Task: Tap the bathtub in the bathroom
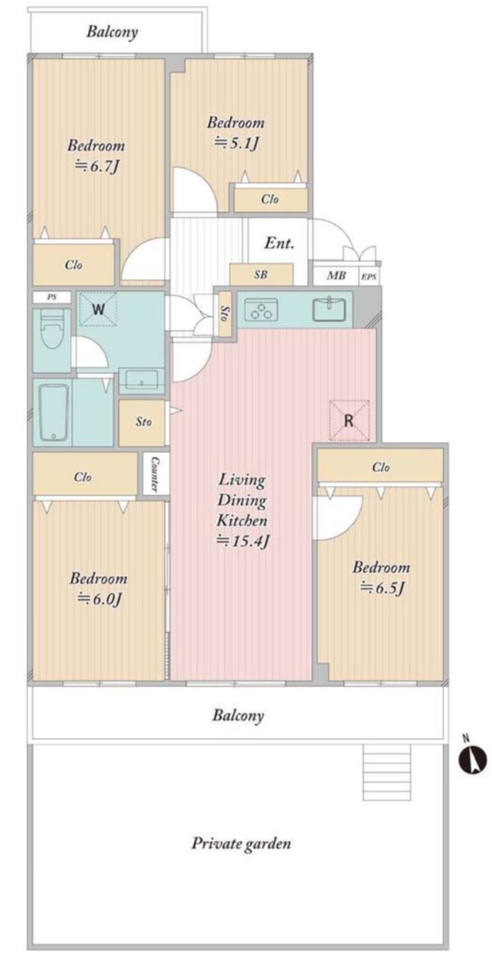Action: point(53,412)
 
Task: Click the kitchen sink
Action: point(329,309)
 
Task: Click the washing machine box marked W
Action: point(98,309)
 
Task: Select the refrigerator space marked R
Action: point(349,421)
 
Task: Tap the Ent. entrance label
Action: point(279,243)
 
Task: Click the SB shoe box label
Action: point(261,274)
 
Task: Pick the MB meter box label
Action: point(336,275)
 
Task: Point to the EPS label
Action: point(369,277)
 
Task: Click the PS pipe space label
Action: point(53,297)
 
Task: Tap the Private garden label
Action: point(241,844)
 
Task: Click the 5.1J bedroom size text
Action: point(236,143)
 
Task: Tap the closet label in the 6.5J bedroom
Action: point(381,467)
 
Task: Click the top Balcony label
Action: point(112,32)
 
